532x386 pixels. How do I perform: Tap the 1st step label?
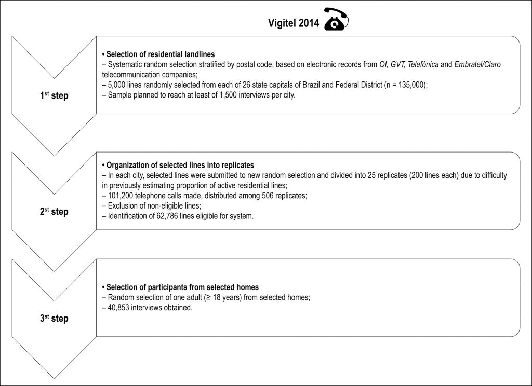54,96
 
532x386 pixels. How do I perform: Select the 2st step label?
54,212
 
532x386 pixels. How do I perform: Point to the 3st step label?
54,318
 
